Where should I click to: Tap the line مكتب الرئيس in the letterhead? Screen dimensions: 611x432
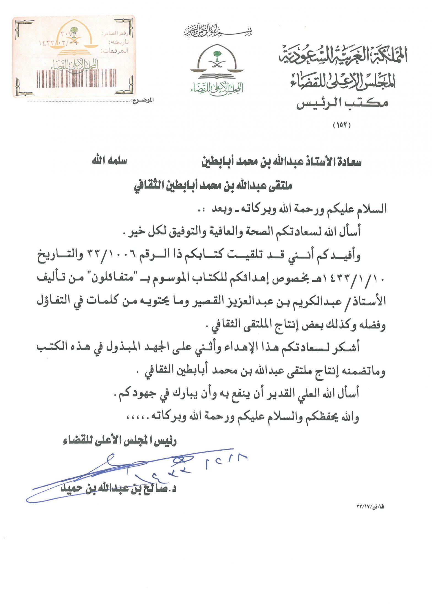point(342,103)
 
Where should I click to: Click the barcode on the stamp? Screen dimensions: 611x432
point(77,78)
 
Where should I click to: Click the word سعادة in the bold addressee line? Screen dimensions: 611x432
point(348,162)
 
